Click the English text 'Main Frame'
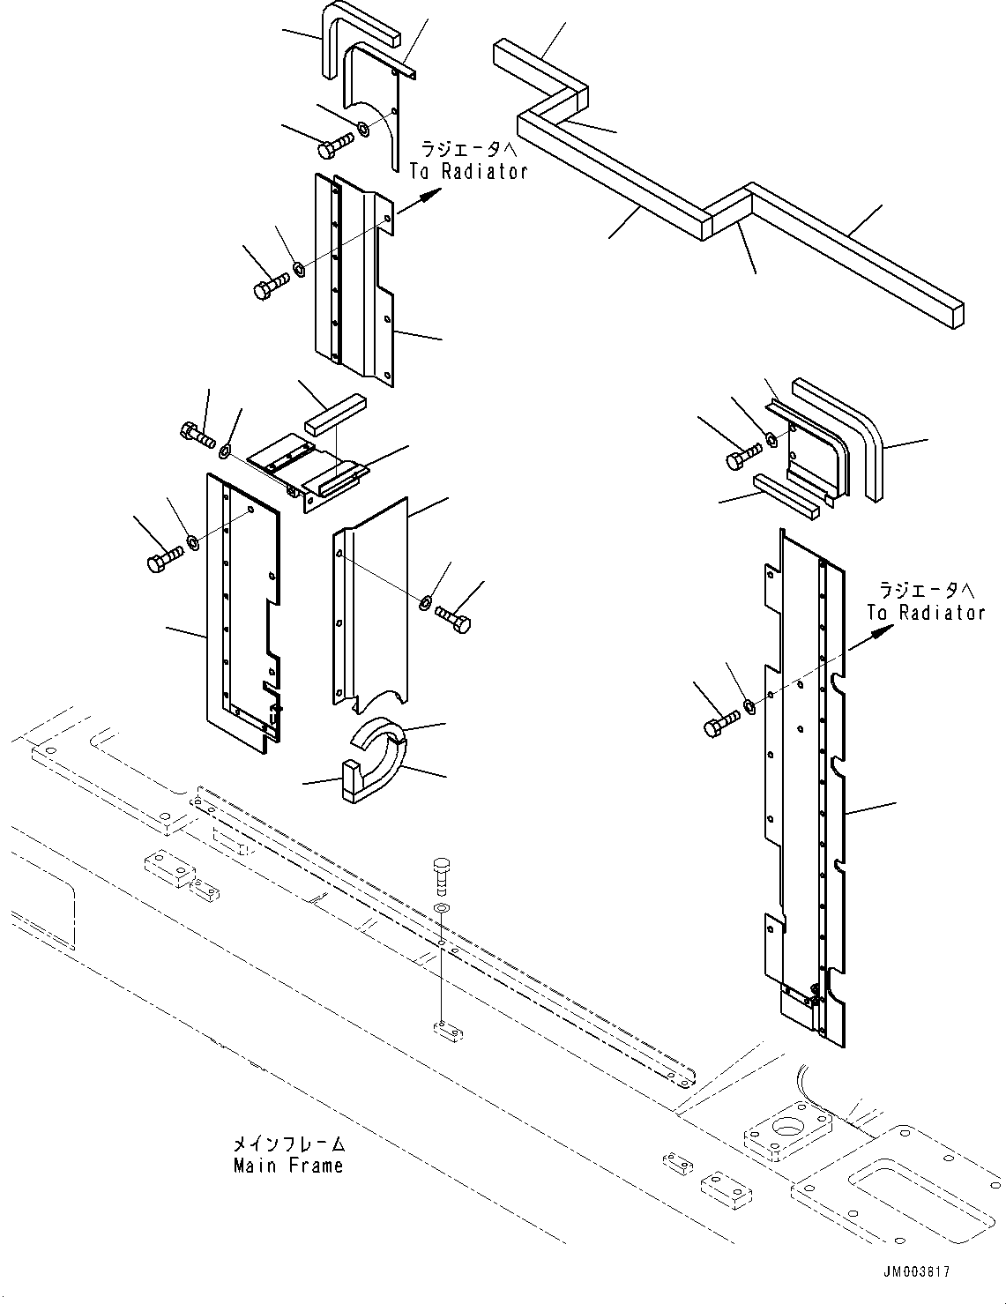(288, 1166)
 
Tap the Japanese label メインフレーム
(288, 1145)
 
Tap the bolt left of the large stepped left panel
(163, 560)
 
